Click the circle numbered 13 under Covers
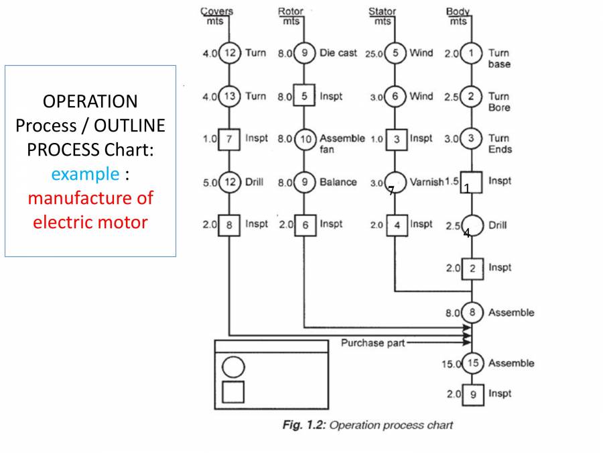tap(230, 96)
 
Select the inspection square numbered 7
tap(230, 139)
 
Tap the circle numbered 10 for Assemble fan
tap(305, 139)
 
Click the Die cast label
tap(338, 52)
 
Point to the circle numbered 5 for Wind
tap(395, 52)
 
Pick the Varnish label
tap(426, 183)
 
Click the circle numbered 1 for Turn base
tap(473, 52)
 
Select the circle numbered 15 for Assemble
tap(473, 363)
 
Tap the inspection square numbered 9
tap(473, 394)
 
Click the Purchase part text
tap(373, 343)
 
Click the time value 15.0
tap(451, 364)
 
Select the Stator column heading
tap(382, 11)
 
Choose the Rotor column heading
tap(291, 11)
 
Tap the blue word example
tap(84, 174)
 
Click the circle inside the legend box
tap(233, 366)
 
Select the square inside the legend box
tap(233, 392)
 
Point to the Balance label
tap(338, 183)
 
